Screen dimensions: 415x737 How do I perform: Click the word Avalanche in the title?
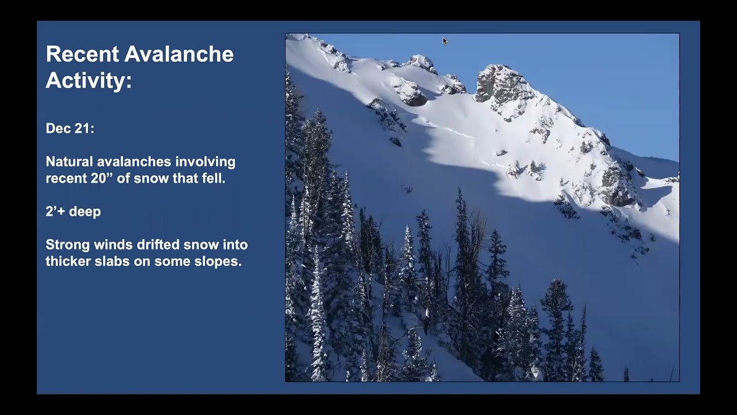click(179, 54)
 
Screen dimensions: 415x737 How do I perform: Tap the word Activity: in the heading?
click(89, 81)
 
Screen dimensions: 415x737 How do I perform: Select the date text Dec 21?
click(70, 129)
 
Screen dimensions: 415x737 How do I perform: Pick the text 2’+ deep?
click(73, 212)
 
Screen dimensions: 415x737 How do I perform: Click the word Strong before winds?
click(66, 245)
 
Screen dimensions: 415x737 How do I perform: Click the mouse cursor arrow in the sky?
click(445, 40)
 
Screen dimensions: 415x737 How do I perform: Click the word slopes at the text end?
click(219, 262)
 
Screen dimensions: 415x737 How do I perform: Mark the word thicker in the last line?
click(67, 262)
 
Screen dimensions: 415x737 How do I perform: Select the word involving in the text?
click(205, 162)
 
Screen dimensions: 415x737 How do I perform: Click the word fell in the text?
click(213, 179)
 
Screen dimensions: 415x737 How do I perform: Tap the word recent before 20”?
click(64, 179)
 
